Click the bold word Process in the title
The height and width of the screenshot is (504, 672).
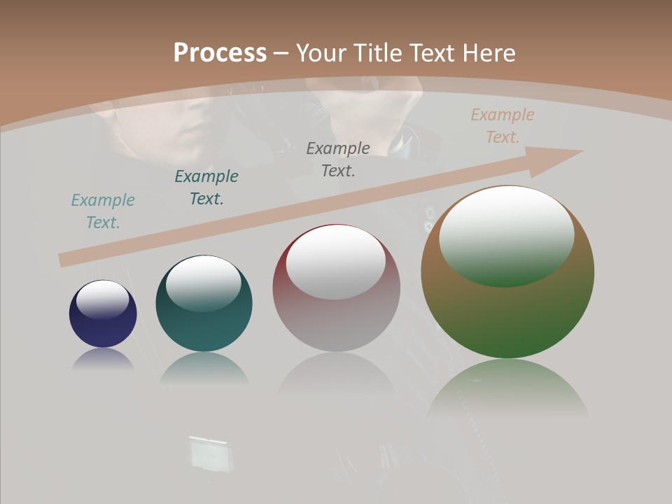[220, 53]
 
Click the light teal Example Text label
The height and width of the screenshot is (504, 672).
[103, 211]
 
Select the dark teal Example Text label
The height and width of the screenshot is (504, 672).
[206, 188]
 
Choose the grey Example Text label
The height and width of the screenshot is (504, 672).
[338, 160]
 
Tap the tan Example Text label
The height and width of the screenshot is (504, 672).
[503, 126]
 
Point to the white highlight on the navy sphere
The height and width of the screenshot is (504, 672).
[103, 300]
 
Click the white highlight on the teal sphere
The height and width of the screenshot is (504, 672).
[204, 283]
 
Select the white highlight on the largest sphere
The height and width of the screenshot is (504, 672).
[507, 235]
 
